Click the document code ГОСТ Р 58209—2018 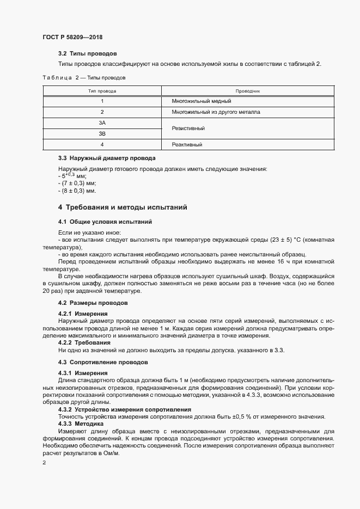point(72,38)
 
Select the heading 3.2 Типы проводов point(87,54)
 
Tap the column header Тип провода point(102,91)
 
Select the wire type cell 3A point(102,123)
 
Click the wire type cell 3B point(102,133)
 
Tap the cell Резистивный point(188,128)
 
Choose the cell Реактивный point(187,145)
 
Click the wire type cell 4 point(102,145)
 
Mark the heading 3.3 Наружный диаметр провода point(107,158)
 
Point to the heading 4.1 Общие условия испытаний point(105,222)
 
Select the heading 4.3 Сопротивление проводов point(101,362)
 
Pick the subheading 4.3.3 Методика point(84,423)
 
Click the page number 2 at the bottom point(44,462)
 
